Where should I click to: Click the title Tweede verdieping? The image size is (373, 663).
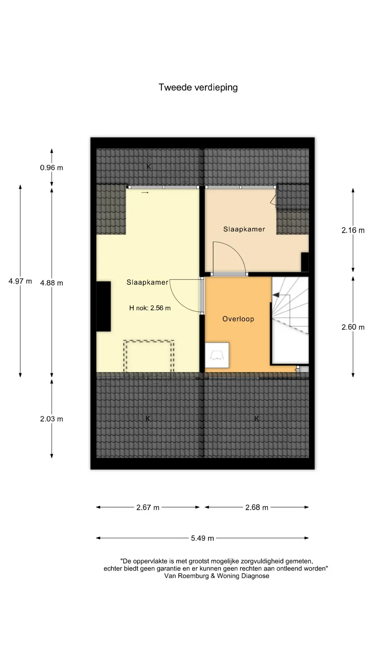[x=198, y=88]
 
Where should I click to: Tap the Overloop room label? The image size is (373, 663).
[x=238, y=319]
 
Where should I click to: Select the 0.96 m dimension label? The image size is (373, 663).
[x=51, y=168]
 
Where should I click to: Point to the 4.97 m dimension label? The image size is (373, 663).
[x=20, y=281]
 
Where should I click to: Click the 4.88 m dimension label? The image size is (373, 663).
[x=51, y=283]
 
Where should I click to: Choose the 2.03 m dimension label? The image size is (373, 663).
[x=51, y=419]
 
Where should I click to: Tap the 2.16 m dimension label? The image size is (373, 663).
[x=353, y=230]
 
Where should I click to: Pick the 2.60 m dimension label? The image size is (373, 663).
[x=353, y=327]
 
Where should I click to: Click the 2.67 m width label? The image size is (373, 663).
[x=148, y=508]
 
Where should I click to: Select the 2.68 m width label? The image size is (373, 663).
[x=257, y=508]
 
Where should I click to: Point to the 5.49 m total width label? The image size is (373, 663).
[x=202, y=538]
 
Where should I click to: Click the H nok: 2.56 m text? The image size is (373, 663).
[x=150, y=308]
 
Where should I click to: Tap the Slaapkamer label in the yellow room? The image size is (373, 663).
[x=147, y=282]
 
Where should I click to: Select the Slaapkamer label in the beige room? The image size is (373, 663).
[x=244, y=229]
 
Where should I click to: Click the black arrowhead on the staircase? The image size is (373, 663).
[x=276, y=295]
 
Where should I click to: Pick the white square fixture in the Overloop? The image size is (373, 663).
[x=217, y=355]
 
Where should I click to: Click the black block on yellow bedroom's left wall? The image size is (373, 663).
[x=103, y=306]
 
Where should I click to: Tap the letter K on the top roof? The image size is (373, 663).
[x=149, y=167]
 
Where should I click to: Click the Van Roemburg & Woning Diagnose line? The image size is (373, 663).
[x=217, y=576]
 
